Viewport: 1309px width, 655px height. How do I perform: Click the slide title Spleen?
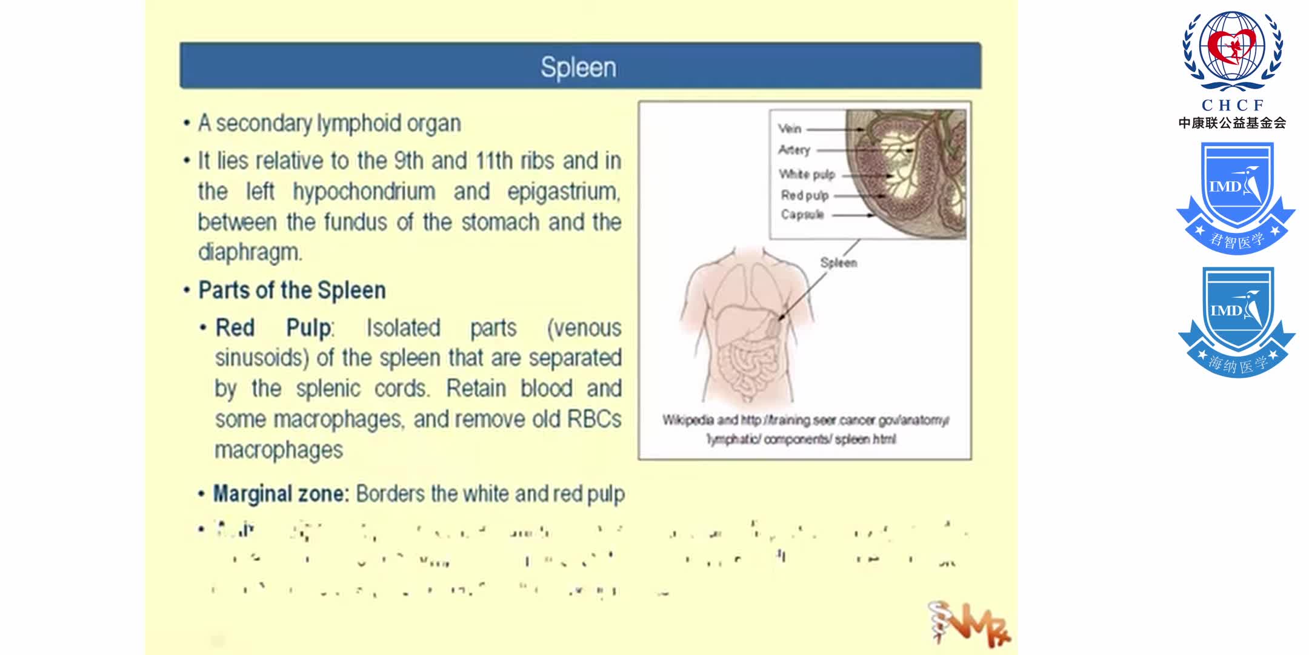coord(578,67)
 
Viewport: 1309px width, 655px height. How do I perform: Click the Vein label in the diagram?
coord(790,129)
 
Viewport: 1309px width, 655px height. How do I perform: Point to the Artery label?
coord(794,150)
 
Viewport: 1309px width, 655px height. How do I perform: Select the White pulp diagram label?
coord(807,175)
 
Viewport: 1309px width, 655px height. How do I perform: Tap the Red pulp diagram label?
coord(804,195)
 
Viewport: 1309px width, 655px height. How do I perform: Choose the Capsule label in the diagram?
coord(802,215)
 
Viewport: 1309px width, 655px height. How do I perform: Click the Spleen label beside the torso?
coord(838,263)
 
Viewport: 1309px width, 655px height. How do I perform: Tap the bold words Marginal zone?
coord(281,494)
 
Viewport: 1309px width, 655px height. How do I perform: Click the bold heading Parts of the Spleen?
coord(292,291)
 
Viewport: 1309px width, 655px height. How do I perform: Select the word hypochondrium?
coord(364,192)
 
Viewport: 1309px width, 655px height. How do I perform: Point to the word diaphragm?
coord(250,252)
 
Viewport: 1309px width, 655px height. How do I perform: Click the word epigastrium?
coord(564,192)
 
